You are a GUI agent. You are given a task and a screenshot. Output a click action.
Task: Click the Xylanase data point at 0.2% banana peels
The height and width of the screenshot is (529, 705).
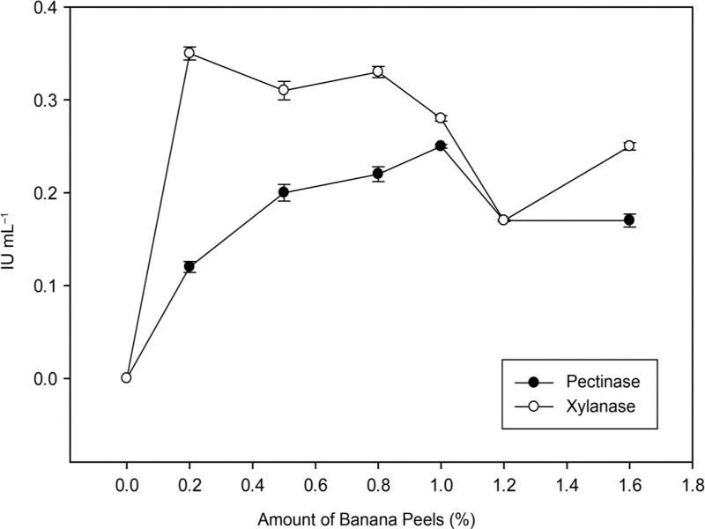coord(189,53)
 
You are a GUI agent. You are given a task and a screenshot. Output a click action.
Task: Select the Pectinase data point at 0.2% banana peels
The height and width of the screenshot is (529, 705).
coord(189,266)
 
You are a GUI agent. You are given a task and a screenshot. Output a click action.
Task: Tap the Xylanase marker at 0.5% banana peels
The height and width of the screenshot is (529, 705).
coord(284,90)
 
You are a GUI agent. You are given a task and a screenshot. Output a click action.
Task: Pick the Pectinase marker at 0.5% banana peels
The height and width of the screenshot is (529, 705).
coord(284,192)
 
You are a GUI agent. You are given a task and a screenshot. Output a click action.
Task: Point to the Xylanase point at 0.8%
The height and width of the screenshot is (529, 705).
coord(378,71)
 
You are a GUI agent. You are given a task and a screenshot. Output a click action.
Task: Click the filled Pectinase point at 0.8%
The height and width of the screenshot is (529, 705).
coord(378,174)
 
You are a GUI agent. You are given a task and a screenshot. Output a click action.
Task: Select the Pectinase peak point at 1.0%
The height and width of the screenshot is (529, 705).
coord(441,145)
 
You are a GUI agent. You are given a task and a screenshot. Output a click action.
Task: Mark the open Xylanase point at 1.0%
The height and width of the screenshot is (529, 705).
coord(441,118)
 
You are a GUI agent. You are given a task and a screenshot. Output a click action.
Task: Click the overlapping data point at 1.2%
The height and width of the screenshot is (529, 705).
coord(503,220)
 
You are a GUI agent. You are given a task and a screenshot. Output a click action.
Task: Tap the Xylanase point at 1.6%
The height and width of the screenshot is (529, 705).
coord(629,145)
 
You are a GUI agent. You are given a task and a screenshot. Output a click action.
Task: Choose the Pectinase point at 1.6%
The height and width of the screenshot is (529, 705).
coord(629,220)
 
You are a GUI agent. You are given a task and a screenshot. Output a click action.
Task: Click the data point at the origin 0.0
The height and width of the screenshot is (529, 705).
coord(126,377)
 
